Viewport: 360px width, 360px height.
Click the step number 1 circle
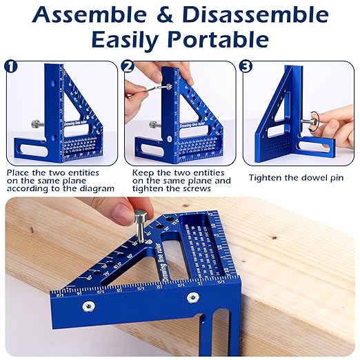[11, 67]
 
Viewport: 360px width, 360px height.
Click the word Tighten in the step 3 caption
[265, 177]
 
